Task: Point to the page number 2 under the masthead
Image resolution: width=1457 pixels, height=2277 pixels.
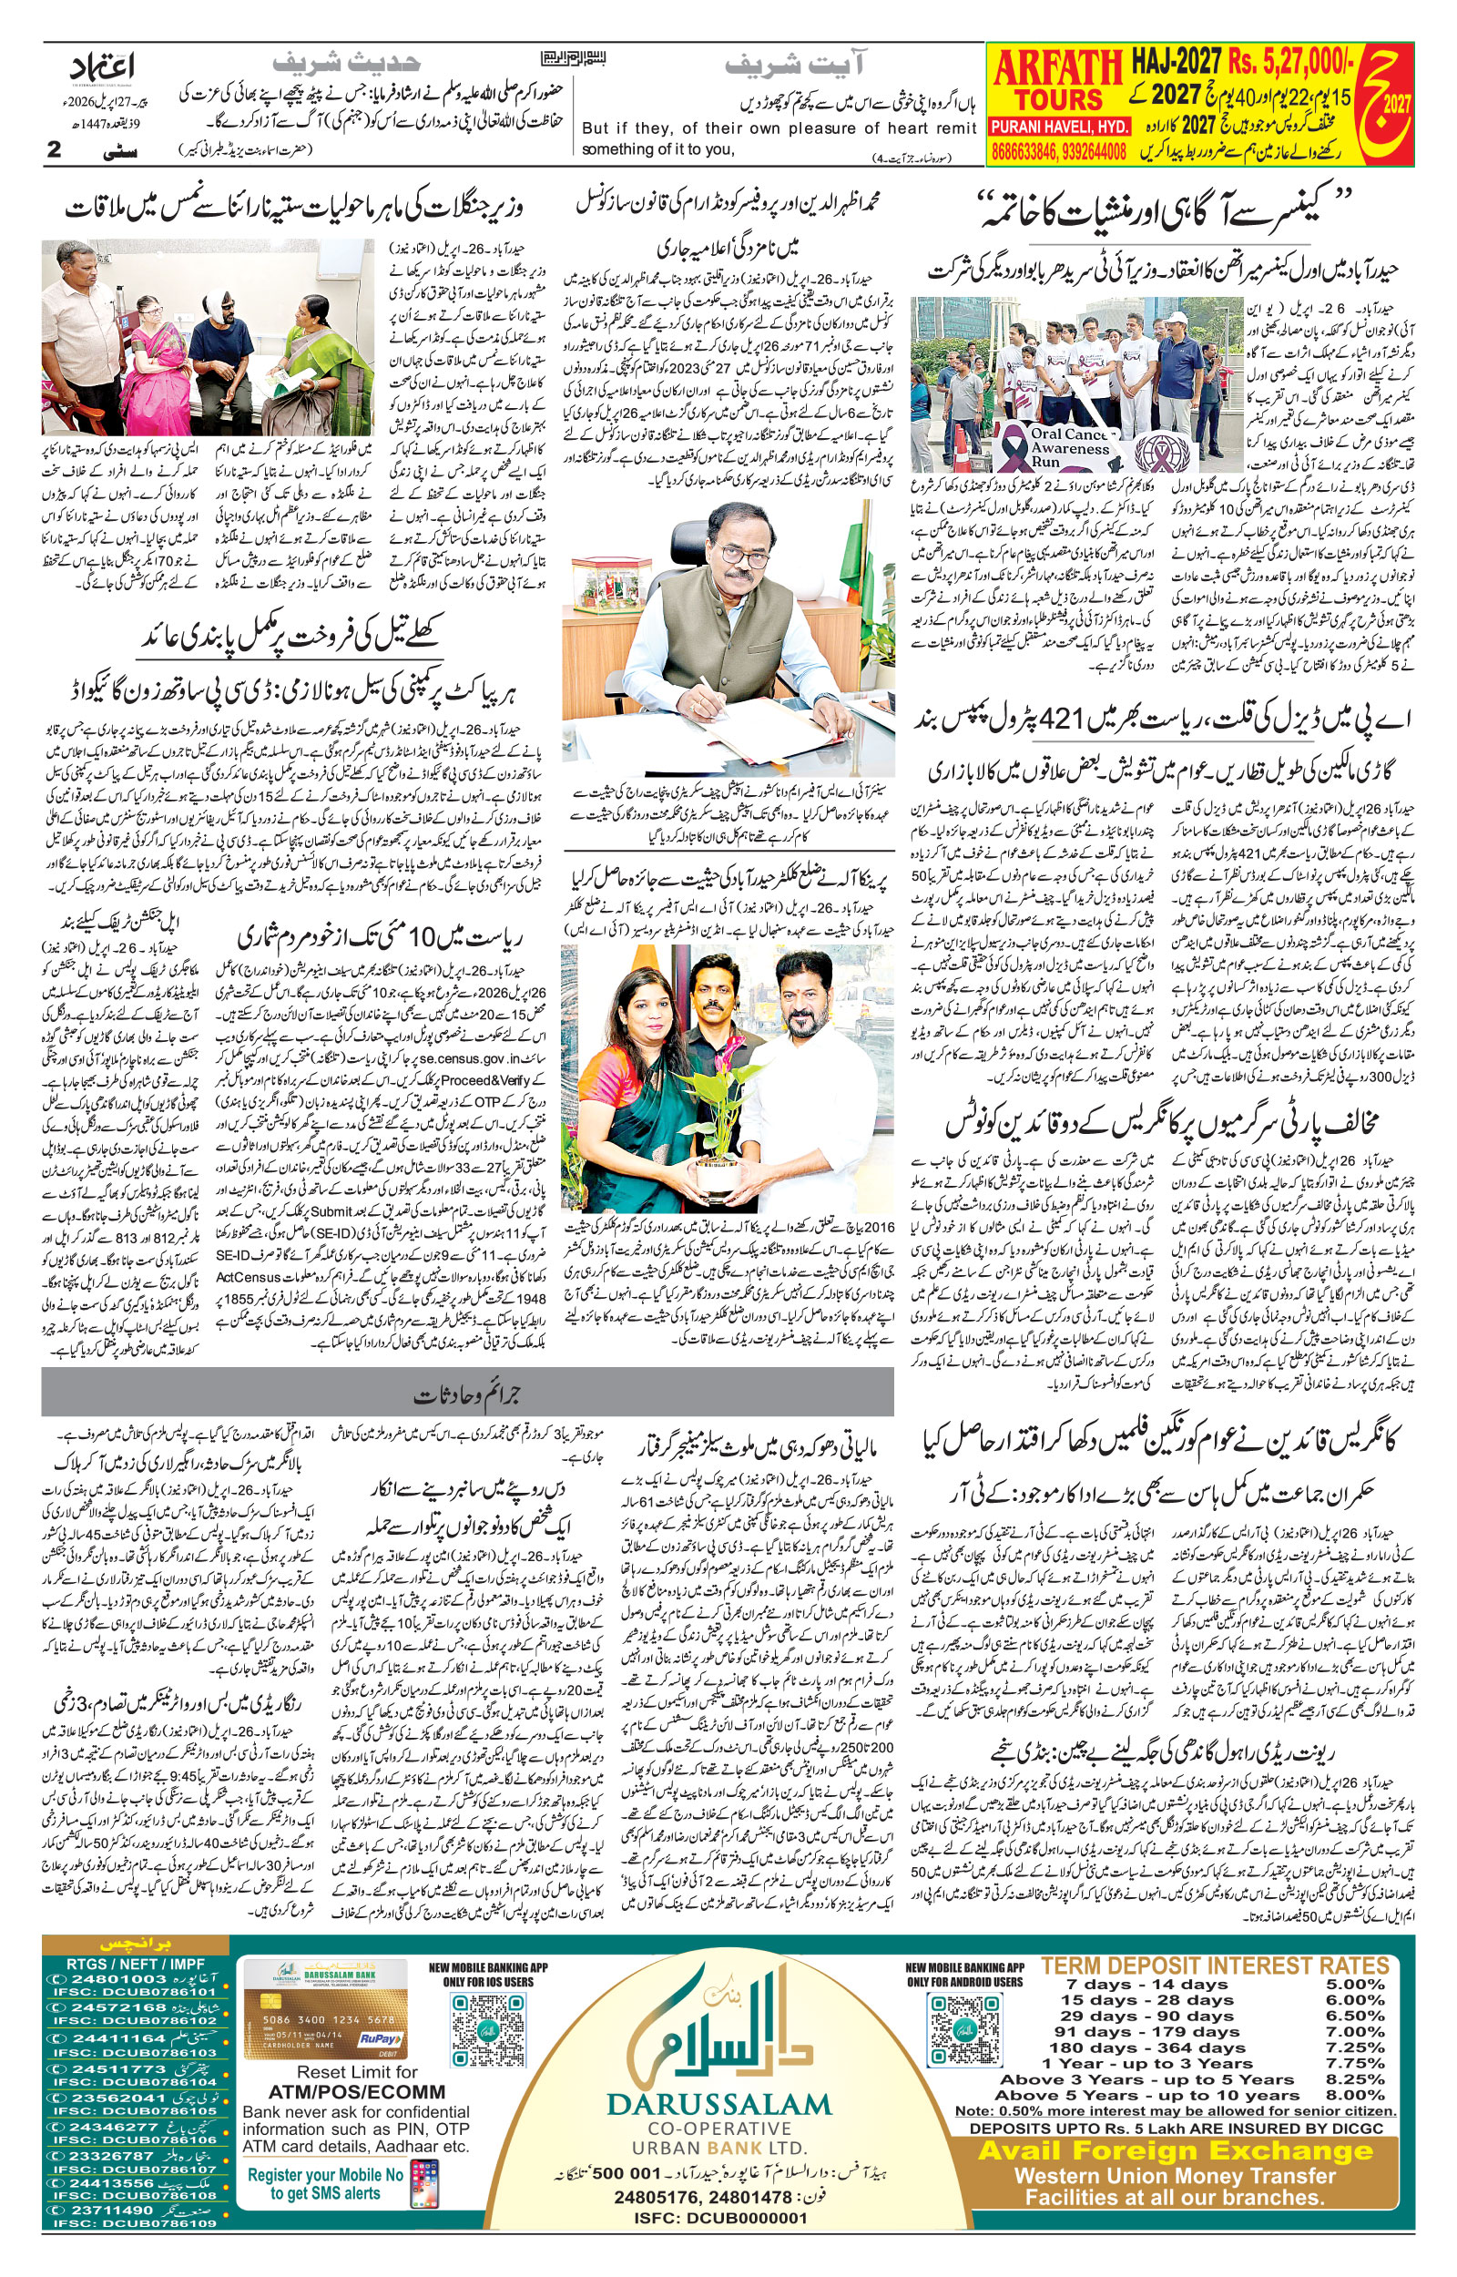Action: pos(54,149)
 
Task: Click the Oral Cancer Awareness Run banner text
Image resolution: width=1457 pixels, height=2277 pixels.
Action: pos(1070,447)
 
